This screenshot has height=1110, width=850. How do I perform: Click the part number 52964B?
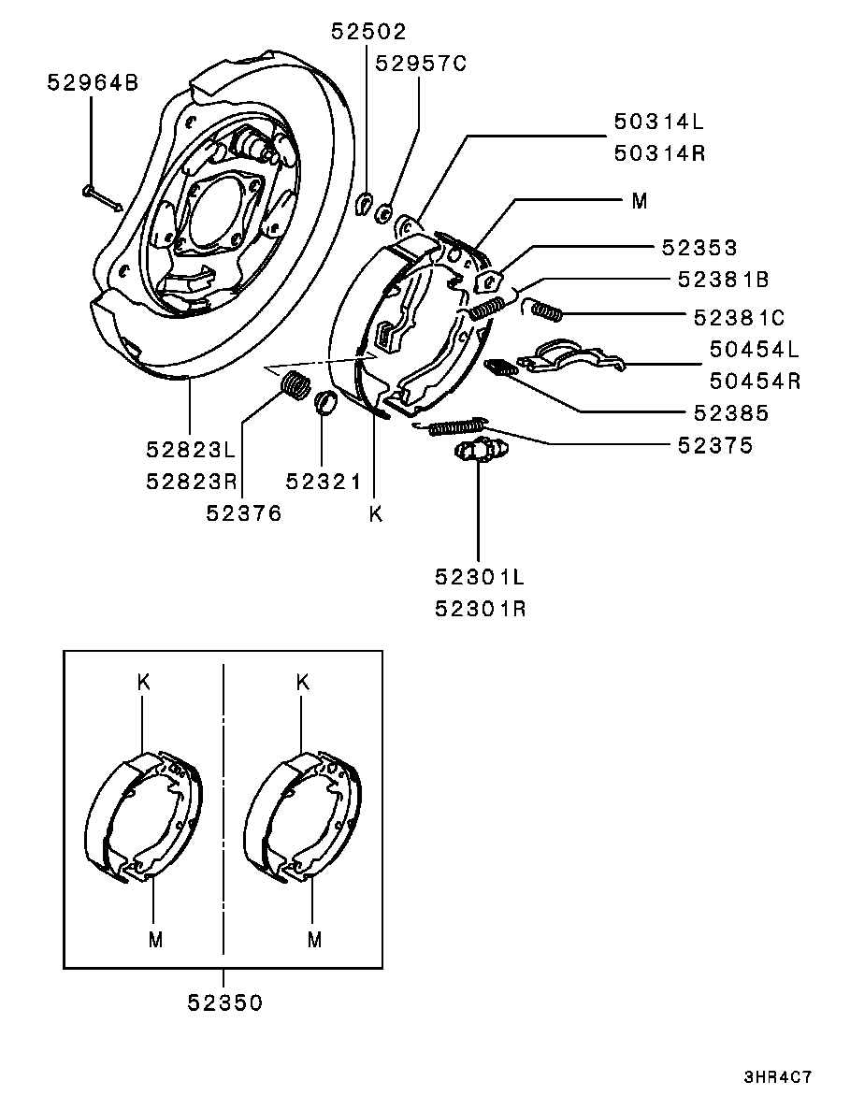coord(93,83)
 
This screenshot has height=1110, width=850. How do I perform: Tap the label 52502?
coord(368,31)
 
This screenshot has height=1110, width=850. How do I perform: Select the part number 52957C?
coord(421,64)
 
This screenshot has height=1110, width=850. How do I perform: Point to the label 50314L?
coord(659,122)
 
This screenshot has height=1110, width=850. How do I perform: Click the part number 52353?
coord(699,247)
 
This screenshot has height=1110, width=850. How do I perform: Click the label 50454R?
coord(756,381)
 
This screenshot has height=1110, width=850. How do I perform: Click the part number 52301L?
coord(480,577)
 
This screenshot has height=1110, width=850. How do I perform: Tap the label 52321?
coord(324,482)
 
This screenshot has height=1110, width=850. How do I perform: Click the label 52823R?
coord(192,482)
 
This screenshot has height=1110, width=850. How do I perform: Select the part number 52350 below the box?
coord(225,1002)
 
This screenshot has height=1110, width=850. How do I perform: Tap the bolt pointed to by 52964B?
coord(103,199)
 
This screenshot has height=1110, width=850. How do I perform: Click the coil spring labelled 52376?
coord(296,385)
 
